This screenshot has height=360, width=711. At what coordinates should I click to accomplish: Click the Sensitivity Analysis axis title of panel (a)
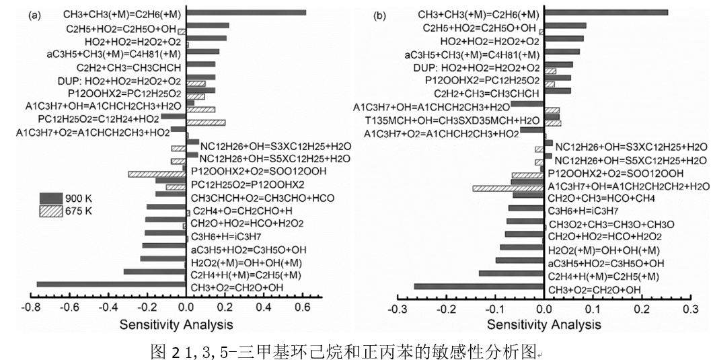tap(176, 324)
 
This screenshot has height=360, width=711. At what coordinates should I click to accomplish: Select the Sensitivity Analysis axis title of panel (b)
tap(544, 324)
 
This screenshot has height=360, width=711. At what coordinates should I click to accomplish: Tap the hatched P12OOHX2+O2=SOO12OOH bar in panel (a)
tap(157, 174)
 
